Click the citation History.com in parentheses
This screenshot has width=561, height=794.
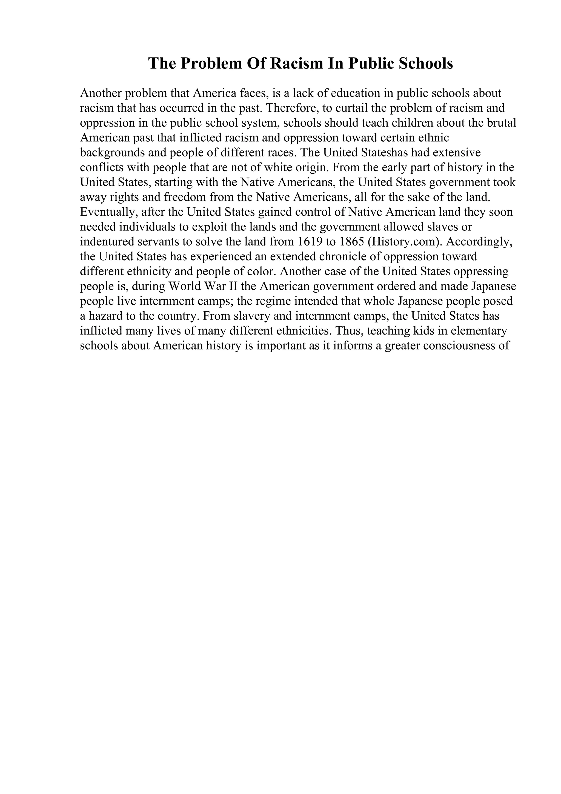click(x=405, y=241)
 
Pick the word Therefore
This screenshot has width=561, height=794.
click(x=292, y=108)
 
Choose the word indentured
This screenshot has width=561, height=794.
click(x=105, y=241)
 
